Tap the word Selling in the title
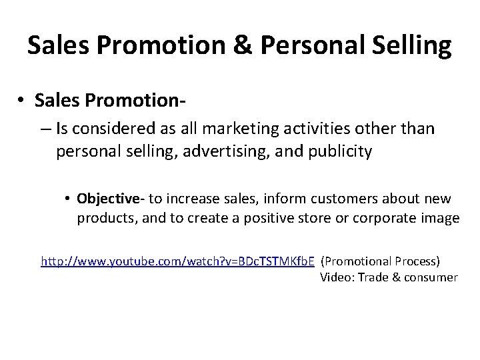coord(414,45)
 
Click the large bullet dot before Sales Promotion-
coord(22,100)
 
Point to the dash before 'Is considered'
coord(46,128)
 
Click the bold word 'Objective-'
coord(111,198)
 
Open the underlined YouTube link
coord(177,261)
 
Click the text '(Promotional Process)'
coord(381,261)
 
